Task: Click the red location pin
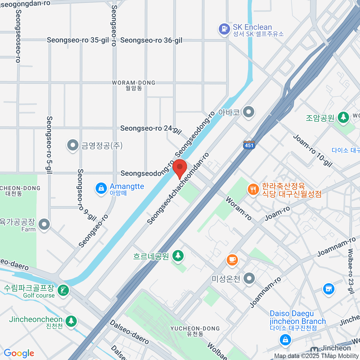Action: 180,168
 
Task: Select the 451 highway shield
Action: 249,145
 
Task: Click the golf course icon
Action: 63,290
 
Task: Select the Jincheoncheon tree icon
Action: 71,321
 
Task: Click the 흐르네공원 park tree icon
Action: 178,256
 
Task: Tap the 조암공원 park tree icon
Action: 343,117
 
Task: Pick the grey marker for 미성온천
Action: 249,279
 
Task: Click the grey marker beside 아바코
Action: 248,112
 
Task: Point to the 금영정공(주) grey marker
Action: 72,145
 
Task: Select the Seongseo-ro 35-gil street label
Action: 78,40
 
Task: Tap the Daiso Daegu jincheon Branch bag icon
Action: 285,340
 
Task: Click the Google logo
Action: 19,353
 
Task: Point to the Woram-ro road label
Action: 238,208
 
